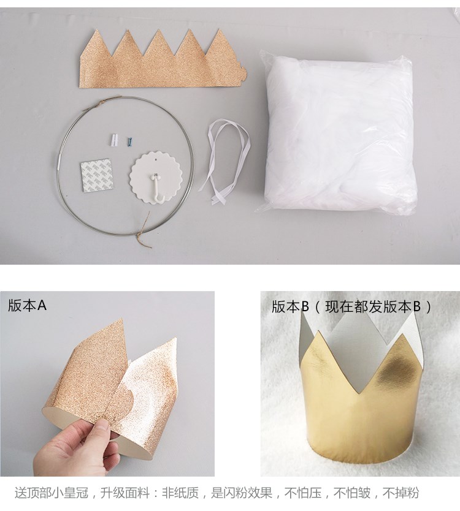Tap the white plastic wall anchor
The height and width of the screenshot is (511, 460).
coord(113,140)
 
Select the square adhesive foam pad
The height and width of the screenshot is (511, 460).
coord(98,175)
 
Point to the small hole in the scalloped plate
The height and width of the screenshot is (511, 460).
coord(156,160)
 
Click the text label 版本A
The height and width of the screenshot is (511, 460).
coord(28,306)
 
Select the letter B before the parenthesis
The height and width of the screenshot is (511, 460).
coord(305,306)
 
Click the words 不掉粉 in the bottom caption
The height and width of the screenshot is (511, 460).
coord(401,493)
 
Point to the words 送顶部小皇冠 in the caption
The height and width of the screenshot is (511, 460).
coord(52,493)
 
